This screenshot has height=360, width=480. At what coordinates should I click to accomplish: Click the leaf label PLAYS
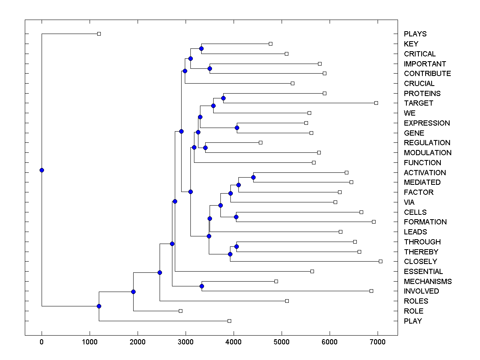[x=415, y=34]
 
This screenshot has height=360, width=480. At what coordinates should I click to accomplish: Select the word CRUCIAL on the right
[x=419, y=84]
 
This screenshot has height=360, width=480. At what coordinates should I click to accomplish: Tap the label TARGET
[x=418, y=103]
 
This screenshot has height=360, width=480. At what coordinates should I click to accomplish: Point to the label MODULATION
[x=428, y=153]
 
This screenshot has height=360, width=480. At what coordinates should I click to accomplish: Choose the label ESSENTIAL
[x=423, y=272]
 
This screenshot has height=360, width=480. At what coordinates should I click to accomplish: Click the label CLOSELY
[x=420, y=262]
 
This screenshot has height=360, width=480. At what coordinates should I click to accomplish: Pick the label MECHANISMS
[x=428, y=282]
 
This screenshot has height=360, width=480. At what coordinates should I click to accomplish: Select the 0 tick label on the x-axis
[x=42, y=341]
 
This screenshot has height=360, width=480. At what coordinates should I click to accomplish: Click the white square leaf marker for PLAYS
[x=99, y=34]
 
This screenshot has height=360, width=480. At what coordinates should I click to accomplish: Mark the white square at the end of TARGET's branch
[x=376, y=103]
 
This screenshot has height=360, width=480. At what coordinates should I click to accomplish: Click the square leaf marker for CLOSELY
[x=380, y=261]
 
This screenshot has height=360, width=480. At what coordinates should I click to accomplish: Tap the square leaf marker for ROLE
[x=180, y=311]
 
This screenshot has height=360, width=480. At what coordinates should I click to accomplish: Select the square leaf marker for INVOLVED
[x=371, y=291]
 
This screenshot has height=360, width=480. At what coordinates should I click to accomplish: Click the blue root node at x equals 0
[x=42, y=170]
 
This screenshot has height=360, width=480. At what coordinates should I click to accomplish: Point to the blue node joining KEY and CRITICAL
[x=202, y=48]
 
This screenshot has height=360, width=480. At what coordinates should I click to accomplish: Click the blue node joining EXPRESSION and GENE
[x=237, y=128]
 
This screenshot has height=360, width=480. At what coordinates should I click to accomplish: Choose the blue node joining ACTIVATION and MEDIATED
[x=253, y=177]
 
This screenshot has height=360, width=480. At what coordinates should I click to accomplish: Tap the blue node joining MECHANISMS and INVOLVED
[x=202, y=286]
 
